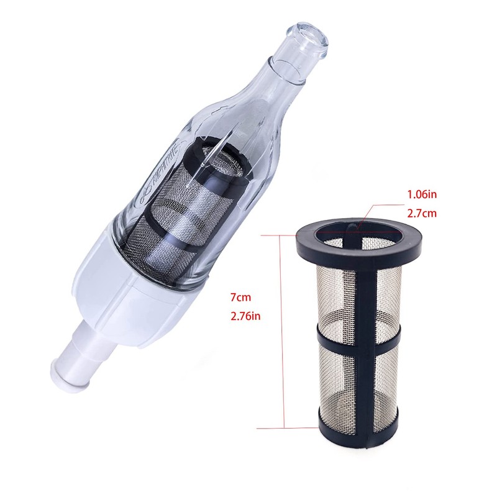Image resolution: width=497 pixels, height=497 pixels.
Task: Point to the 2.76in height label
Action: pyautogui.click(x=245, y=317)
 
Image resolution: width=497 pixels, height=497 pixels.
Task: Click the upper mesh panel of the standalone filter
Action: pyautogui.click(x=357, y=292)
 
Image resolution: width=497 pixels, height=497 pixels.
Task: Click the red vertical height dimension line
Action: pyautogui.click(x=283, y=329)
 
